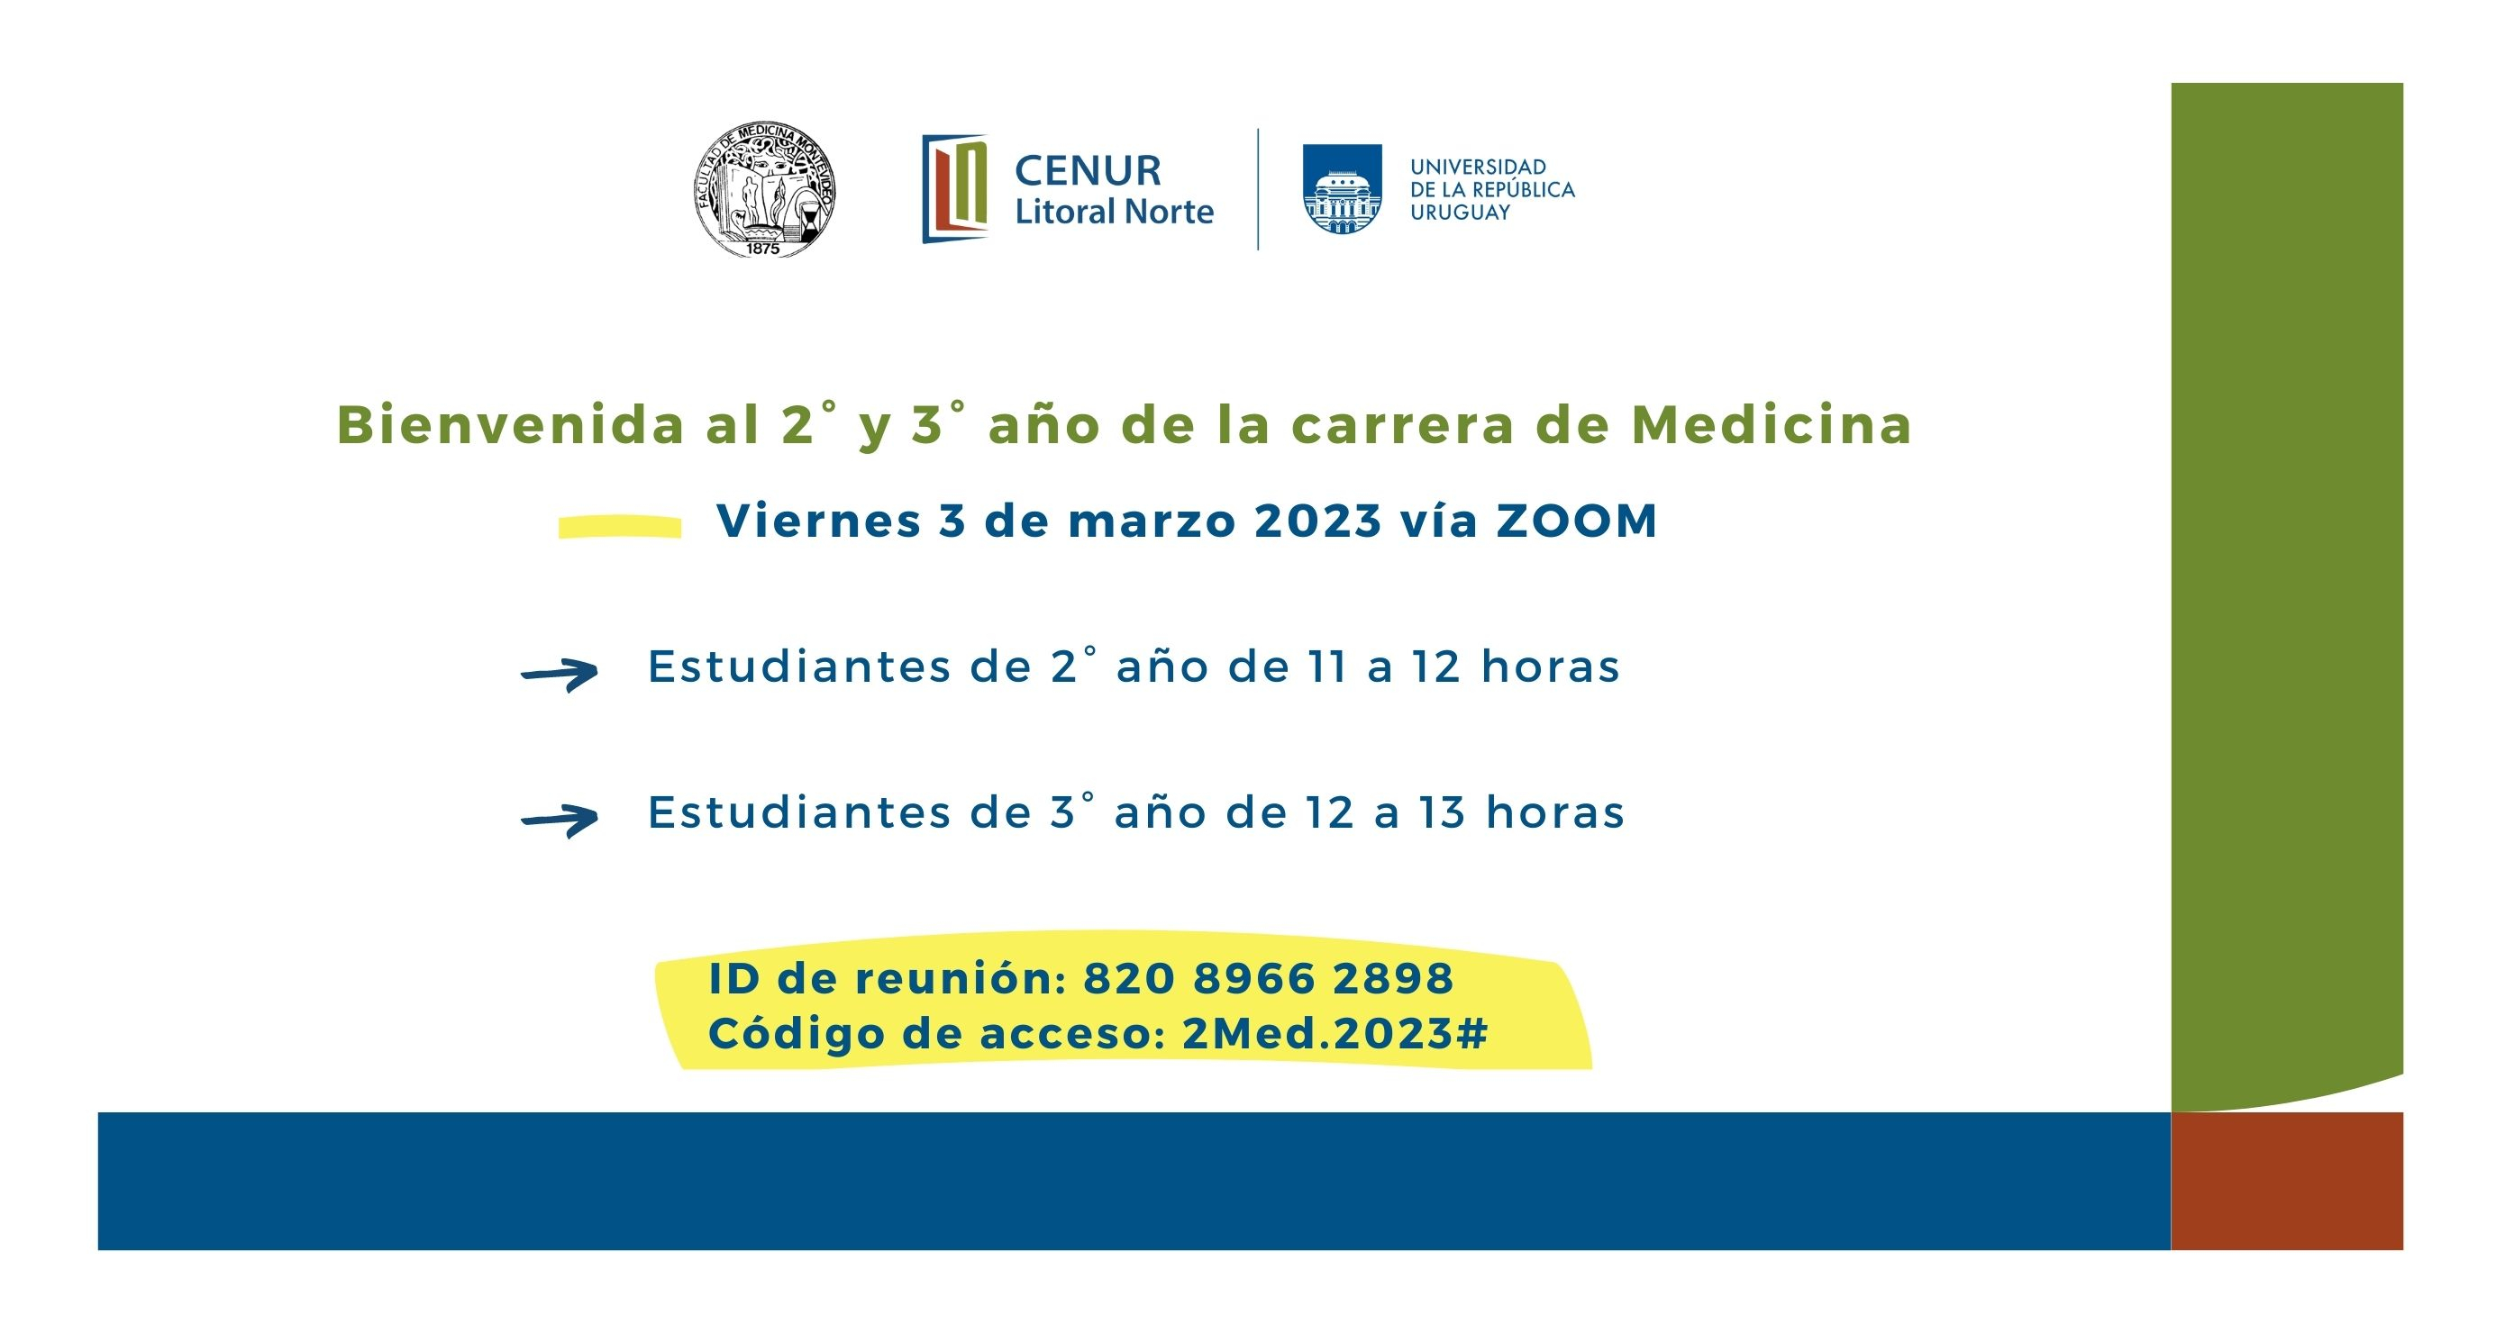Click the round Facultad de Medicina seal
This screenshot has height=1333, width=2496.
coord(764,190)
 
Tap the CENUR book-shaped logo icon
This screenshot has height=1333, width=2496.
coord(954,188)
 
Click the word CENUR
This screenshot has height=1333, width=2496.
coord(1087,170)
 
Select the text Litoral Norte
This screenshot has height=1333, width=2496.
coord(1115,211)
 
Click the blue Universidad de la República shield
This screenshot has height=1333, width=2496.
coord(1342,189)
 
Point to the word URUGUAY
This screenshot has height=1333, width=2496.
coord(1460,213)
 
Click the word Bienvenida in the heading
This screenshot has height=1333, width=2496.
coord(512,424)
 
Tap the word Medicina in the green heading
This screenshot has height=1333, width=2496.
coord(1772,424)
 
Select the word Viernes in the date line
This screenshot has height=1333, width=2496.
coord(819,521)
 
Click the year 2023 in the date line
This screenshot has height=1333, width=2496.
coord(1317,521)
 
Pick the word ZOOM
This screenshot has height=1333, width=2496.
coord(1578,521)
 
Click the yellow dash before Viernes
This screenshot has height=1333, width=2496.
coord(620,526)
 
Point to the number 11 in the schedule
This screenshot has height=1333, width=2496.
coord(1327,666)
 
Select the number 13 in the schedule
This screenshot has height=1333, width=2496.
coord(1443,812)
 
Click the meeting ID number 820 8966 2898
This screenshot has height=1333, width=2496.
coord(1269,978)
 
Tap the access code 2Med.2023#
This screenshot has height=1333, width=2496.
coord(1335,1034)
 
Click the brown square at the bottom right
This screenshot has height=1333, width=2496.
coord(2287,1181)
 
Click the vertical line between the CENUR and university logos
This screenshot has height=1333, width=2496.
coord(1258,189)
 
